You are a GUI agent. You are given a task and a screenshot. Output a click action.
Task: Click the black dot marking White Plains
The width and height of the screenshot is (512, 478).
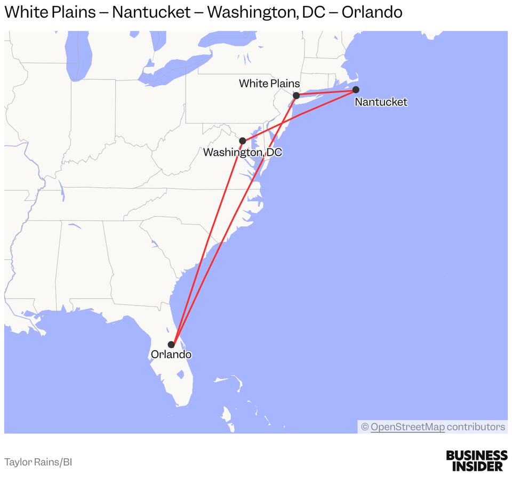click(x=296, y=95)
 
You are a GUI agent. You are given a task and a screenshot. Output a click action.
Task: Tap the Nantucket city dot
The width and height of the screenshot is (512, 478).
click(x=356, y=90)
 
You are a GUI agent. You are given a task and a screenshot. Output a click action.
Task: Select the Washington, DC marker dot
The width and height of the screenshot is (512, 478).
click(x=242, y=141)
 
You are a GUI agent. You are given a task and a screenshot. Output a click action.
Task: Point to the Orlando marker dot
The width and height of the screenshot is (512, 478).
click(x=171, y=344)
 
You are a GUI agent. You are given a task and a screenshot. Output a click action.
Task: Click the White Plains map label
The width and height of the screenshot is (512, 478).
click(x=269, y=83)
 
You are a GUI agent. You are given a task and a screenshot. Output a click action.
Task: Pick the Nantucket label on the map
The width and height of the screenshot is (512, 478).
click(x=381, y=102)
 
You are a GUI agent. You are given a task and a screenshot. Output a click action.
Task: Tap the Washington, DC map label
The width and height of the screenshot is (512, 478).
click(x=242, y=152)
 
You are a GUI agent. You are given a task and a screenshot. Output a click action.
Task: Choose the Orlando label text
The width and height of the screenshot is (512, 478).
click(x=171, y=354)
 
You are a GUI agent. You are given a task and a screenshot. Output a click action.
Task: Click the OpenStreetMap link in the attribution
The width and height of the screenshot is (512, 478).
click(x=407, y=427)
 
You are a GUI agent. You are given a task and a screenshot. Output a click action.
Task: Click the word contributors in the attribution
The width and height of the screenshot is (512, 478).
click(x=476, y=427)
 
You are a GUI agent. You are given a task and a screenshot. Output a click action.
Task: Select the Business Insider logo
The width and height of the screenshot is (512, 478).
click(x=476, y=460)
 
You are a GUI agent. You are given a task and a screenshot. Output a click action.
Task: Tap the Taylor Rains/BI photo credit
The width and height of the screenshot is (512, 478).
click(x=38, y=462)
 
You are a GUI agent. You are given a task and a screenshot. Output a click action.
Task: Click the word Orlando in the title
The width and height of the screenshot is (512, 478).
click(x=372, y=12)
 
